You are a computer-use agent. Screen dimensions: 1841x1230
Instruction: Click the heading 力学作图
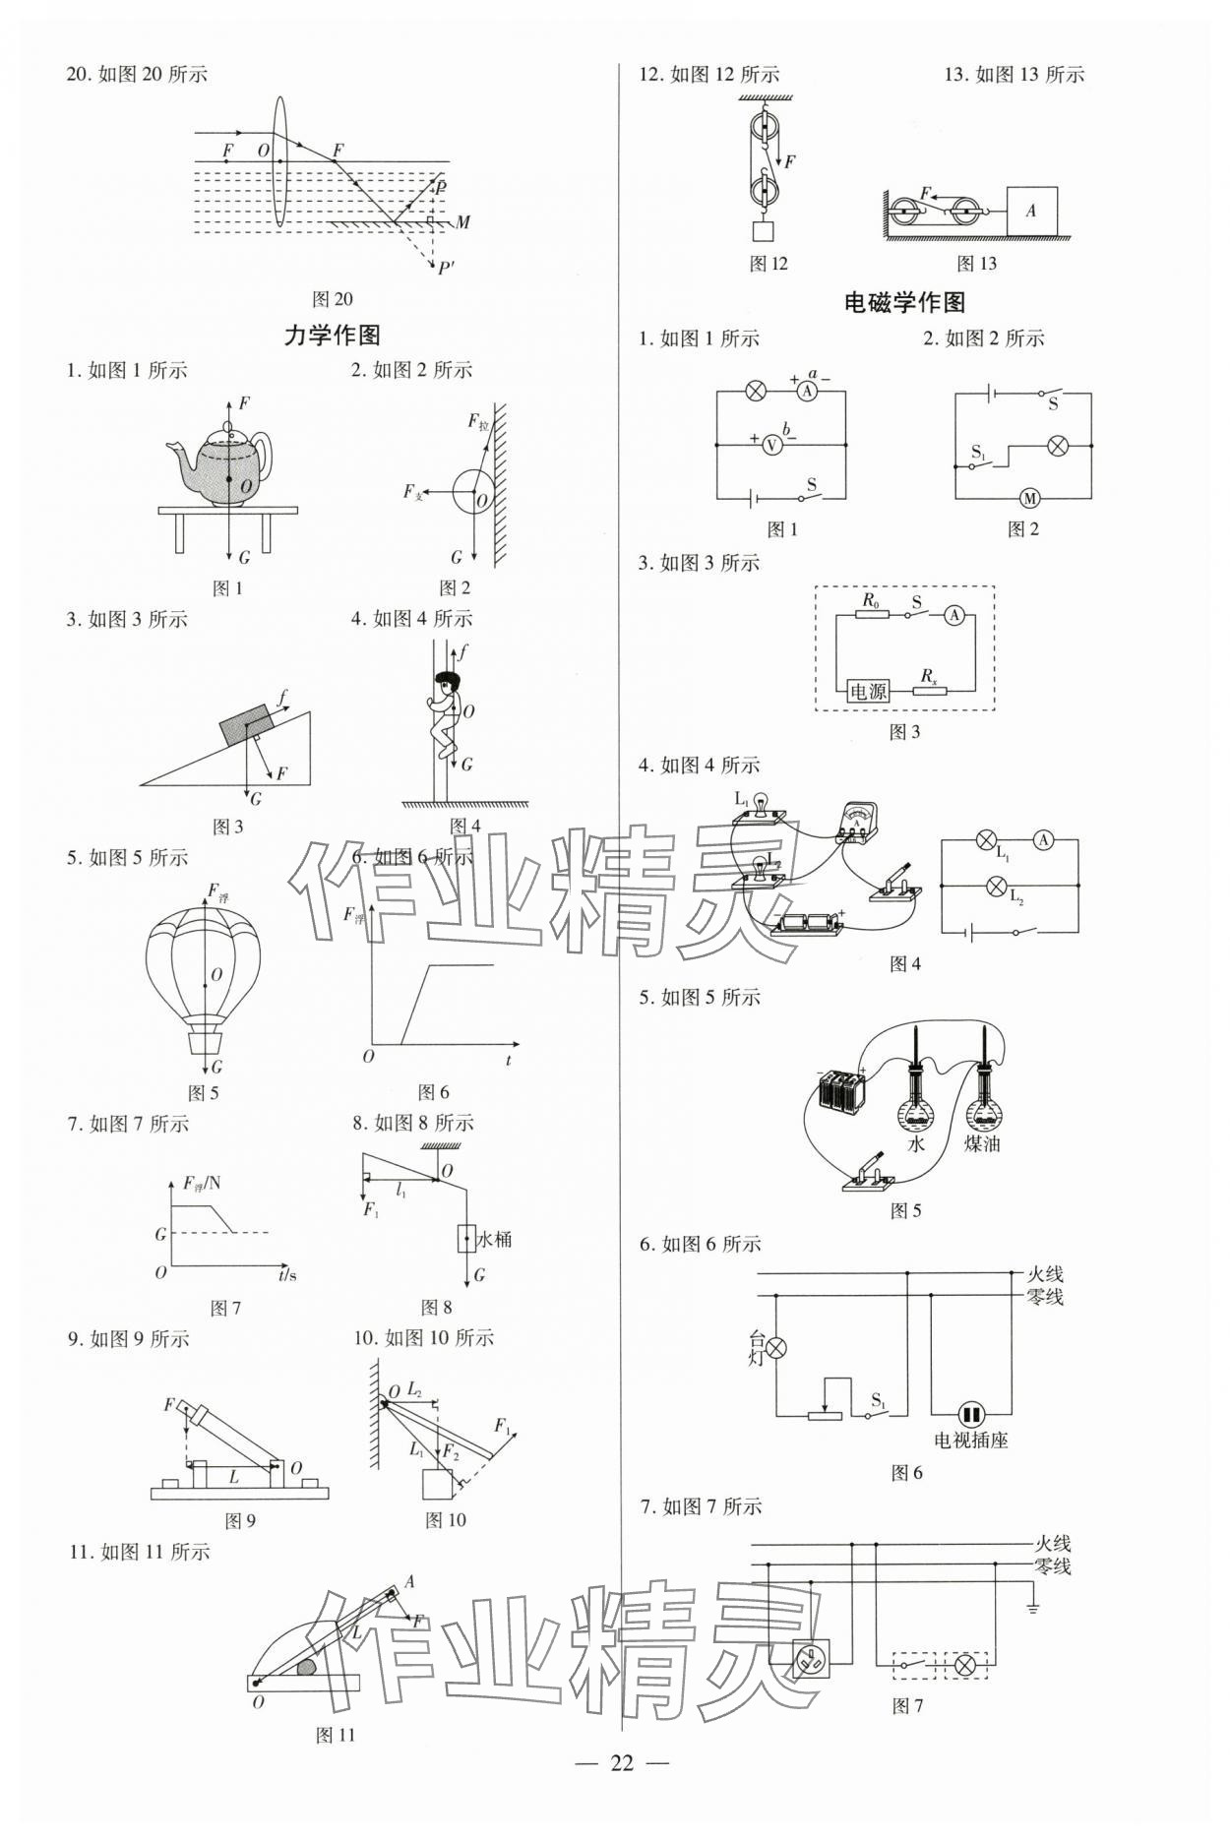332,336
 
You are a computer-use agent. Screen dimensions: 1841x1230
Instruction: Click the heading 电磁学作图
905,303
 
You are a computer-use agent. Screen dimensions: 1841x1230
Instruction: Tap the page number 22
621,1762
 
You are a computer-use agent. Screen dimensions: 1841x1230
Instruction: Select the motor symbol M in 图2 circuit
1029,498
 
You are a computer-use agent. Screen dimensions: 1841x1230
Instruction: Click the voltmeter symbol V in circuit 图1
772,445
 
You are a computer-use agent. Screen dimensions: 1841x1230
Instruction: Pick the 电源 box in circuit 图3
868,691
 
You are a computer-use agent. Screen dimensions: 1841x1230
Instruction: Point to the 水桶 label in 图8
494,1239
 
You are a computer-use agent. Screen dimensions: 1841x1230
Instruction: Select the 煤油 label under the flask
981,1144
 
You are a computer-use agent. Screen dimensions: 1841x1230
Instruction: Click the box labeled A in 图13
1031,211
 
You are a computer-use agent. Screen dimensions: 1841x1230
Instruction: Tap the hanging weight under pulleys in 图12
763,232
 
